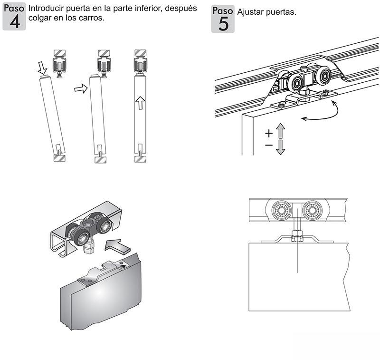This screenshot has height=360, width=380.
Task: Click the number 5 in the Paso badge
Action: tap(223, 24)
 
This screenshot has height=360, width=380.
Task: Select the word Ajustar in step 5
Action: tap(252, 12)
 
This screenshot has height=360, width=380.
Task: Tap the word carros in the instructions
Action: tap(90, 19)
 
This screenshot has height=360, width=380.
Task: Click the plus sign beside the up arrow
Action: tap(268, 133)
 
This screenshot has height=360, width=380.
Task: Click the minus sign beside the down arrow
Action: tap(268, 146)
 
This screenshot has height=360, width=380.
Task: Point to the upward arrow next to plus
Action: tap(280, 130)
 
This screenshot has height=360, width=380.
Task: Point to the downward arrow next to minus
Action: tap(280, 147)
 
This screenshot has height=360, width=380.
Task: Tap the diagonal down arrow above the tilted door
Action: tap(42, 68)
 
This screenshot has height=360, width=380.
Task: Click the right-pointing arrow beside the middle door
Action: tap(82, 88)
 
